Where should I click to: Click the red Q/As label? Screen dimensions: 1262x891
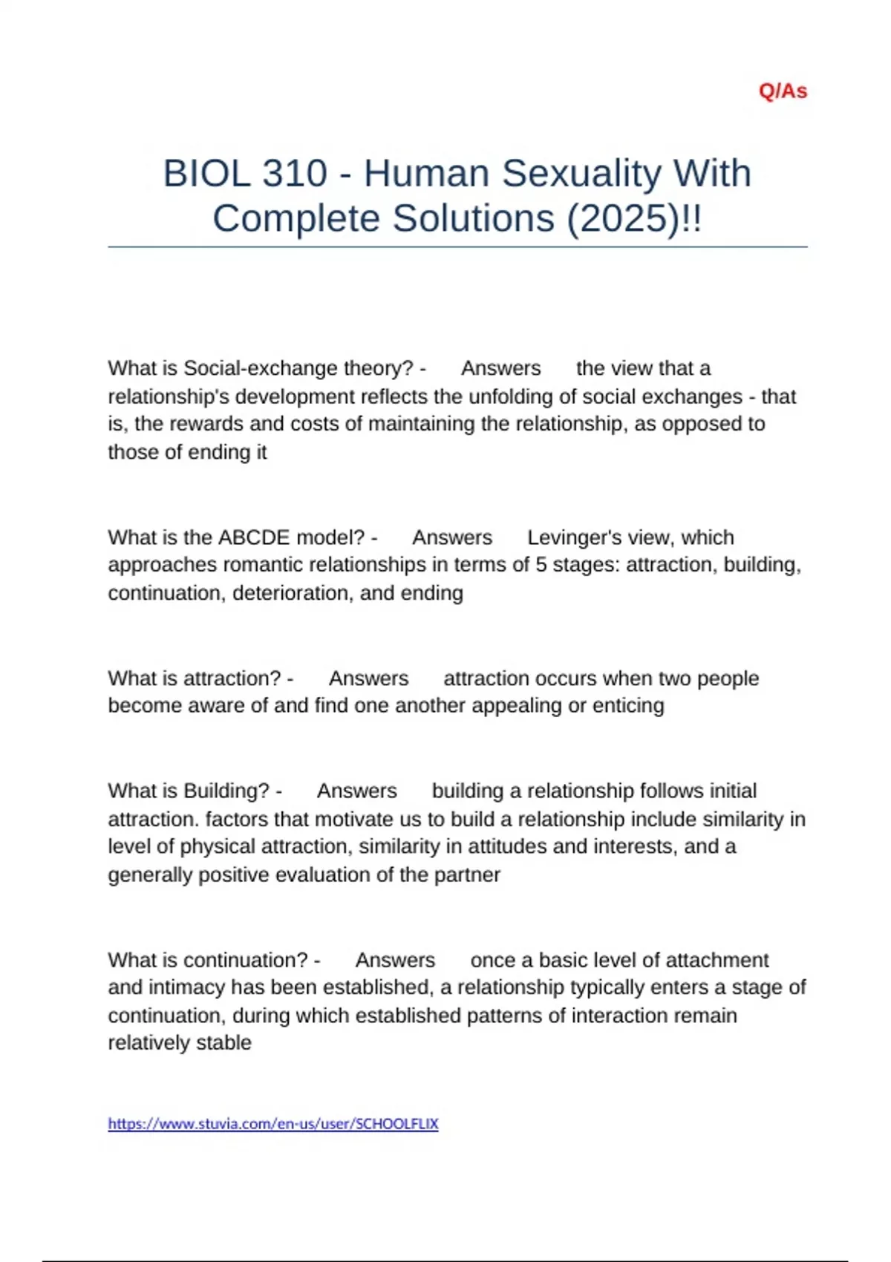[783, 91]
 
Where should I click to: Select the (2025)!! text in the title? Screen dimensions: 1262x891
[634, 219]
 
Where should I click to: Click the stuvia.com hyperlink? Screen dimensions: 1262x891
[273, 1124]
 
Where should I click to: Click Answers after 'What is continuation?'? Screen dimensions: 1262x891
[395, 961]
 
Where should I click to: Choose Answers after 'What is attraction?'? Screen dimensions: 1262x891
[368, 679]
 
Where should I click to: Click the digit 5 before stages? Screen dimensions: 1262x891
[541, 565]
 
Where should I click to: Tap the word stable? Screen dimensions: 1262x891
[224, 1043]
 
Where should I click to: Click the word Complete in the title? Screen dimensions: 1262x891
[297, 219]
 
